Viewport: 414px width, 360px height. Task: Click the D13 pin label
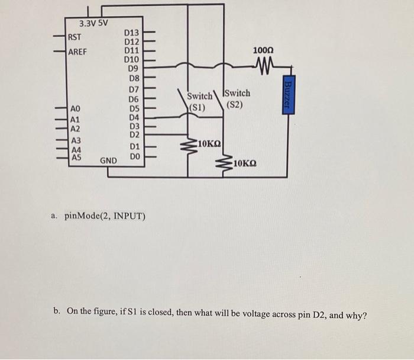click(x=132, y=34)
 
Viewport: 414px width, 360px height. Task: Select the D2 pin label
click(x=134, y=134)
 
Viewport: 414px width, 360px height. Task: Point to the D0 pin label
click(x=134, y=156)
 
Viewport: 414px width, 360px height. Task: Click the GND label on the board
click(x=108, y=160)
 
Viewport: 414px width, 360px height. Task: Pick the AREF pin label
click(x=77, y=52)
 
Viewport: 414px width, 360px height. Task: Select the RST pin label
click(x=75, y=37)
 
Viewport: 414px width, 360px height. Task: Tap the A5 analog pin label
click(x=76, y=157)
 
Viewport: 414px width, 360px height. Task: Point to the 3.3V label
click(x=89, y=23)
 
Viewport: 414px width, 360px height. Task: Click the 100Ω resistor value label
click(x=262, y=52)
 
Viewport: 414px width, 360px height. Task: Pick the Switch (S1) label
click(x=199, y=101)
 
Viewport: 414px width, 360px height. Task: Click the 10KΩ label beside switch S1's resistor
click(x=210, y=144)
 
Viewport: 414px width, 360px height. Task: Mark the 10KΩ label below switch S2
click(x=245, y=163)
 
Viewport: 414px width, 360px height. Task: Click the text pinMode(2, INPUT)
click(x=103, y=215)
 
